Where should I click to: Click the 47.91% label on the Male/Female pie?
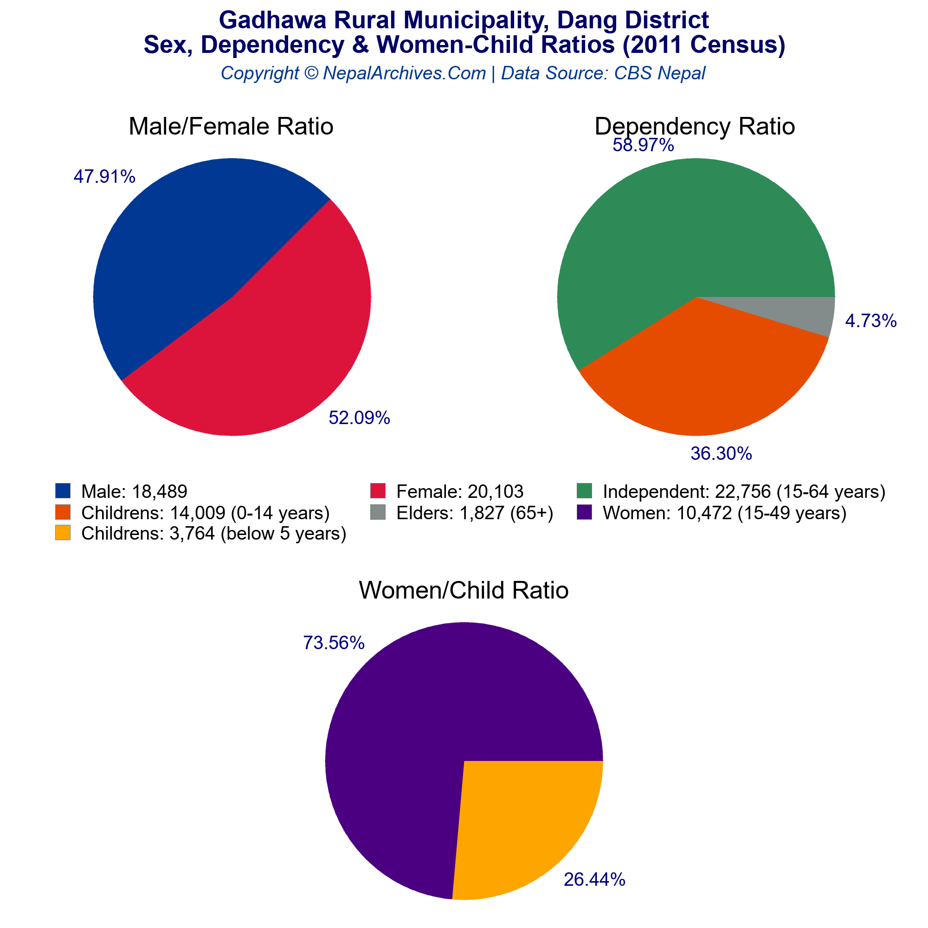[104, 177]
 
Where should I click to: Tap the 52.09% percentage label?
[359, 418]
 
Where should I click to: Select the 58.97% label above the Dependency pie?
[643, 145]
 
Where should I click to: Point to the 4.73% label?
[871, 321]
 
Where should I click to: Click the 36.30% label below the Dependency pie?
[721, 453]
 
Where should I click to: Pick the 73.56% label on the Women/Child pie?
[334, 643]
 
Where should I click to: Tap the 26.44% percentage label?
[594, 879]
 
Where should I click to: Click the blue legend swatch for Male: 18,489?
[63, 491]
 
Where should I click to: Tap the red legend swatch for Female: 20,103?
[378, 491]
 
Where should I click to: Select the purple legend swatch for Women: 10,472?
[584, 513]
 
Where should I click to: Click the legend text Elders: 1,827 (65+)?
[475, 513]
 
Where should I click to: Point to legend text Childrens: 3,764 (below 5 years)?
[214, 534]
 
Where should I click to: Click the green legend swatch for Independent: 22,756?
[584, 491]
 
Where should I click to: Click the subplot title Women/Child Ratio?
[464, 590]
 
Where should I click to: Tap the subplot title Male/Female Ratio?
[231, 127]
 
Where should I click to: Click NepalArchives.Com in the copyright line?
[405, 73]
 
